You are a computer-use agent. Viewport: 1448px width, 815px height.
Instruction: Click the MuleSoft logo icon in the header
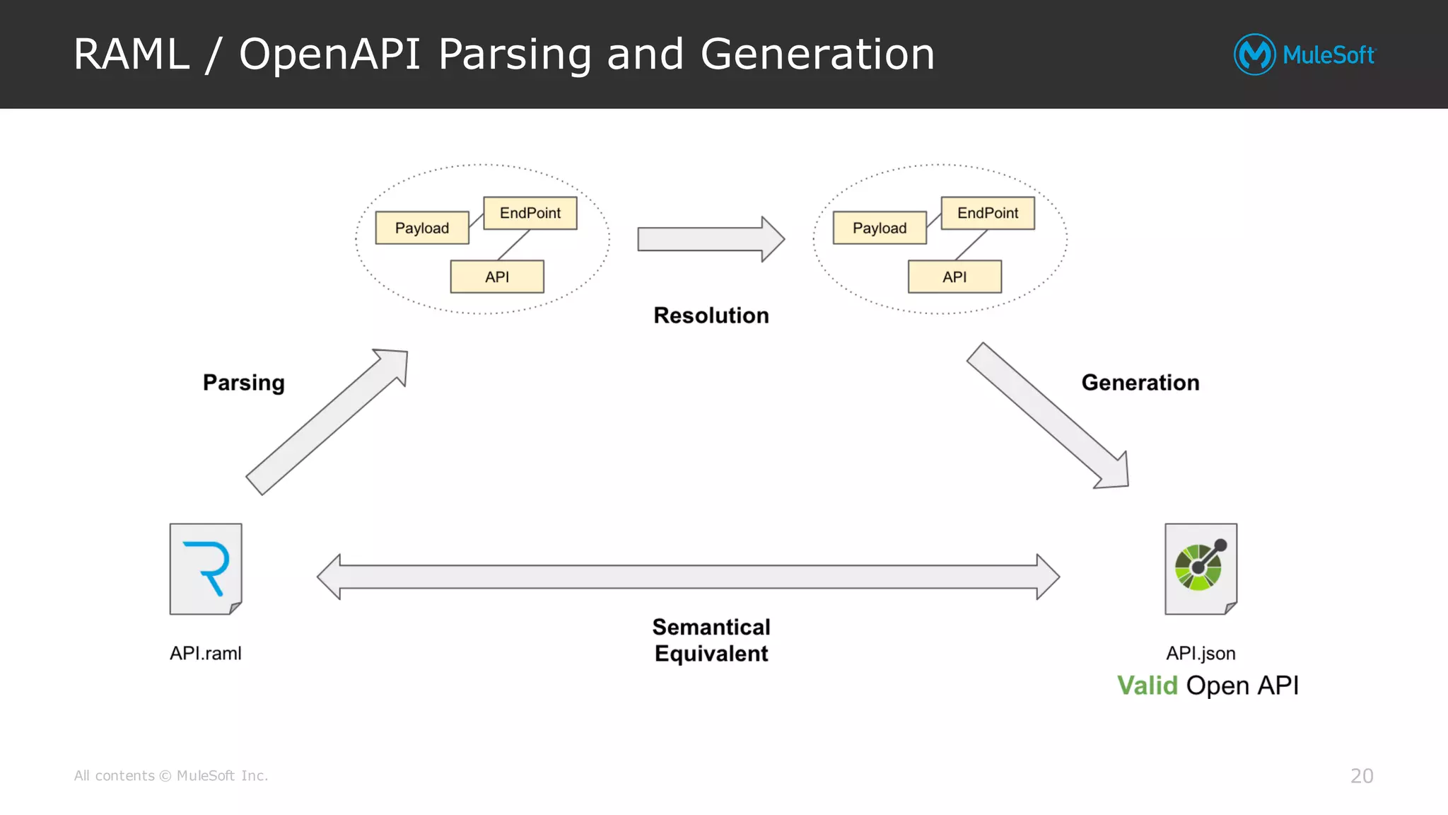coord(1254,54)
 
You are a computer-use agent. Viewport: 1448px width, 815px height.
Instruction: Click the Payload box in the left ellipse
coord(422,228)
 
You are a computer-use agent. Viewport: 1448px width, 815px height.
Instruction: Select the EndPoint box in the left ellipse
coord(530,213)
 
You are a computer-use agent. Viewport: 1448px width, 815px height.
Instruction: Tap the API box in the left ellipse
coord(497,277)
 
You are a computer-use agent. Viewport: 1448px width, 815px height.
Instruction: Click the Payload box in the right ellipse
coord(880,228)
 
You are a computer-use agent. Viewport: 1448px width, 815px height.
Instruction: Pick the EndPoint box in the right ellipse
coord(988,213)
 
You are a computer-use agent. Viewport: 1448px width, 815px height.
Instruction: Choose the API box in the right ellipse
coord(954,277)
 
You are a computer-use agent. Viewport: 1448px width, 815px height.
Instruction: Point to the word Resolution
coord(711,316)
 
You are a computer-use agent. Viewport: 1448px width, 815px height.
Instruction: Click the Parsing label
coord(244,383)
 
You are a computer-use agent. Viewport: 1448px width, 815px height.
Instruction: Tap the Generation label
coord(1140,383)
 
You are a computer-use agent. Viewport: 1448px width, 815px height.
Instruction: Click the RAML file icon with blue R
coord(206,569)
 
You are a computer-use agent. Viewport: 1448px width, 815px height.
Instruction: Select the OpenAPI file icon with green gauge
coord(1201,569)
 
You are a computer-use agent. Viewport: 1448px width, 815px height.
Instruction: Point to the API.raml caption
coord(206,653)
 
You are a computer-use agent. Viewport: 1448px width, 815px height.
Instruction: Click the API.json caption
coord(1201,653)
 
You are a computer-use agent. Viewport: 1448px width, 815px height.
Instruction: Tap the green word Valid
coord(1147,686)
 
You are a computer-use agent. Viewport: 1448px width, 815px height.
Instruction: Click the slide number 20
coord(1361,776)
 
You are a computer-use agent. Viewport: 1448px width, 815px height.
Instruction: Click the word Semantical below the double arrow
coord(711,627)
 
